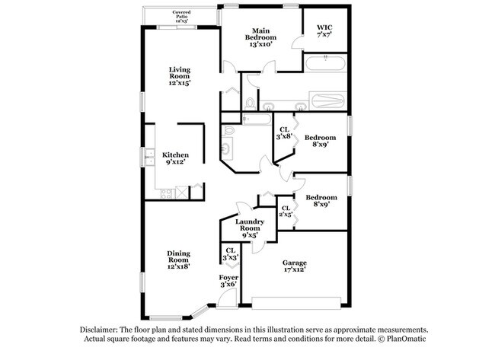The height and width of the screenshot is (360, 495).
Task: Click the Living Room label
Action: (180, 76)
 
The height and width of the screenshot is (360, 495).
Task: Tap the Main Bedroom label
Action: (260, 37)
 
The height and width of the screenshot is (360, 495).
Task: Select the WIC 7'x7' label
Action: (324, 31)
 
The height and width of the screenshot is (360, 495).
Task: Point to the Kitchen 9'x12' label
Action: (175, 158)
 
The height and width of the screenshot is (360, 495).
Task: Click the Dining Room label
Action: (179, 260)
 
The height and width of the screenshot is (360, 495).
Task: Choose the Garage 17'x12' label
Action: (295, 266)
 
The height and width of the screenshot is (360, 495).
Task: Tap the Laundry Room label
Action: (250, 228)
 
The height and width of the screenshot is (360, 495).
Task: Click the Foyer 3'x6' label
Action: (228, 281)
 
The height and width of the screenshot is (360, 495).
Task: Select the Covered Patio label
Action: (181, 17)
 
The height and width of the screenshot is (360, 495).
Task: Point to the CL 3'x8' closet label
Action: (285, 133)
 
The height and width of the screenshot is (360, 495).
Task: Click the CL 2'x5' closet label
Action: (286, 212)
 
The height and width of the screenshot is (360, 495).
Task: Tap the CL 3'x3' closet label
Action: (231, 254)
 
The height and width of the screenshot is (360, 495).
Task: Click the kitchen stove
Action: (166, 194)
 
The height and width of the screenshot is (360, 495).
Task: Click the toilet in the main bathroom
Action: (250, 104)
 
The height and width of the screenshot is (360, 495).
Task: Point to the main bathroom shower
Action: (327, 101)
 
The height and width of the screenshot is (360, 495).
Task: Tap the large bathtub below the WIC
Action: (325, 63)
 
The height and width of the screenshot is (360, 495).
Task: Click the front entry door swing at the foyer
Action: (227, 298)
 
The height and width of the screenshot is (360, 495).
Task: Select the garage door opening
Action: (296, 303)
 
